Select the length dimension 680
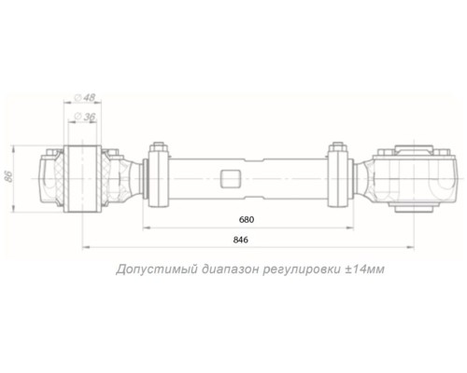coord(246,221)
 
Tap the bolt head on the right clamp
coord(337,145)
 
